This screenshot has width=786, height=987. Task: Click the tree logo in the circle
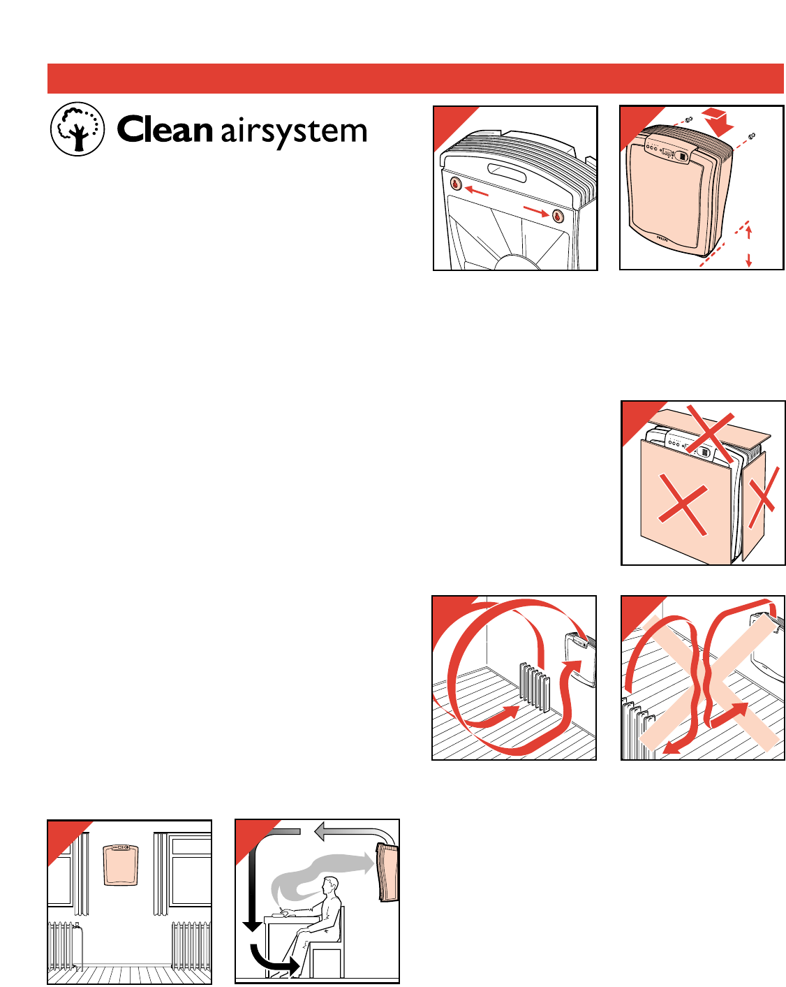[x=77, y=129]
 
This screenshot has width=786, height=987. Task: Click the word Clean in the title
[x=164, y=130]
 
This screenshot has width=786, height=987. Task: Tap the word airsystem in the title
[x=294, y=132]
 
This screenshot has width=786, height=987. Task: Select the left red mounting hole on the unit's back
[x=456, y=184]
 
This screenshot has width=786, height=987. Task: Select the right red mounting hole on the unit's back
[x=558, y=215]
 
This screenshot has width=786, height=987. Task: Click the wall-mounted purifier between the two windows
[x=120, y=864]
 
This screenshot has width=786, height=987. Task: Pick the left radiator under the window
[x=65, y=944]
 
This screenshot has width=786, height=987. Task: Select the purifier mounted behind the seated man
[x=387, y=872]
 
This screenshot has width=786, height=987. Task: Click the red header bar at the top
[x=415, y=78]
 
